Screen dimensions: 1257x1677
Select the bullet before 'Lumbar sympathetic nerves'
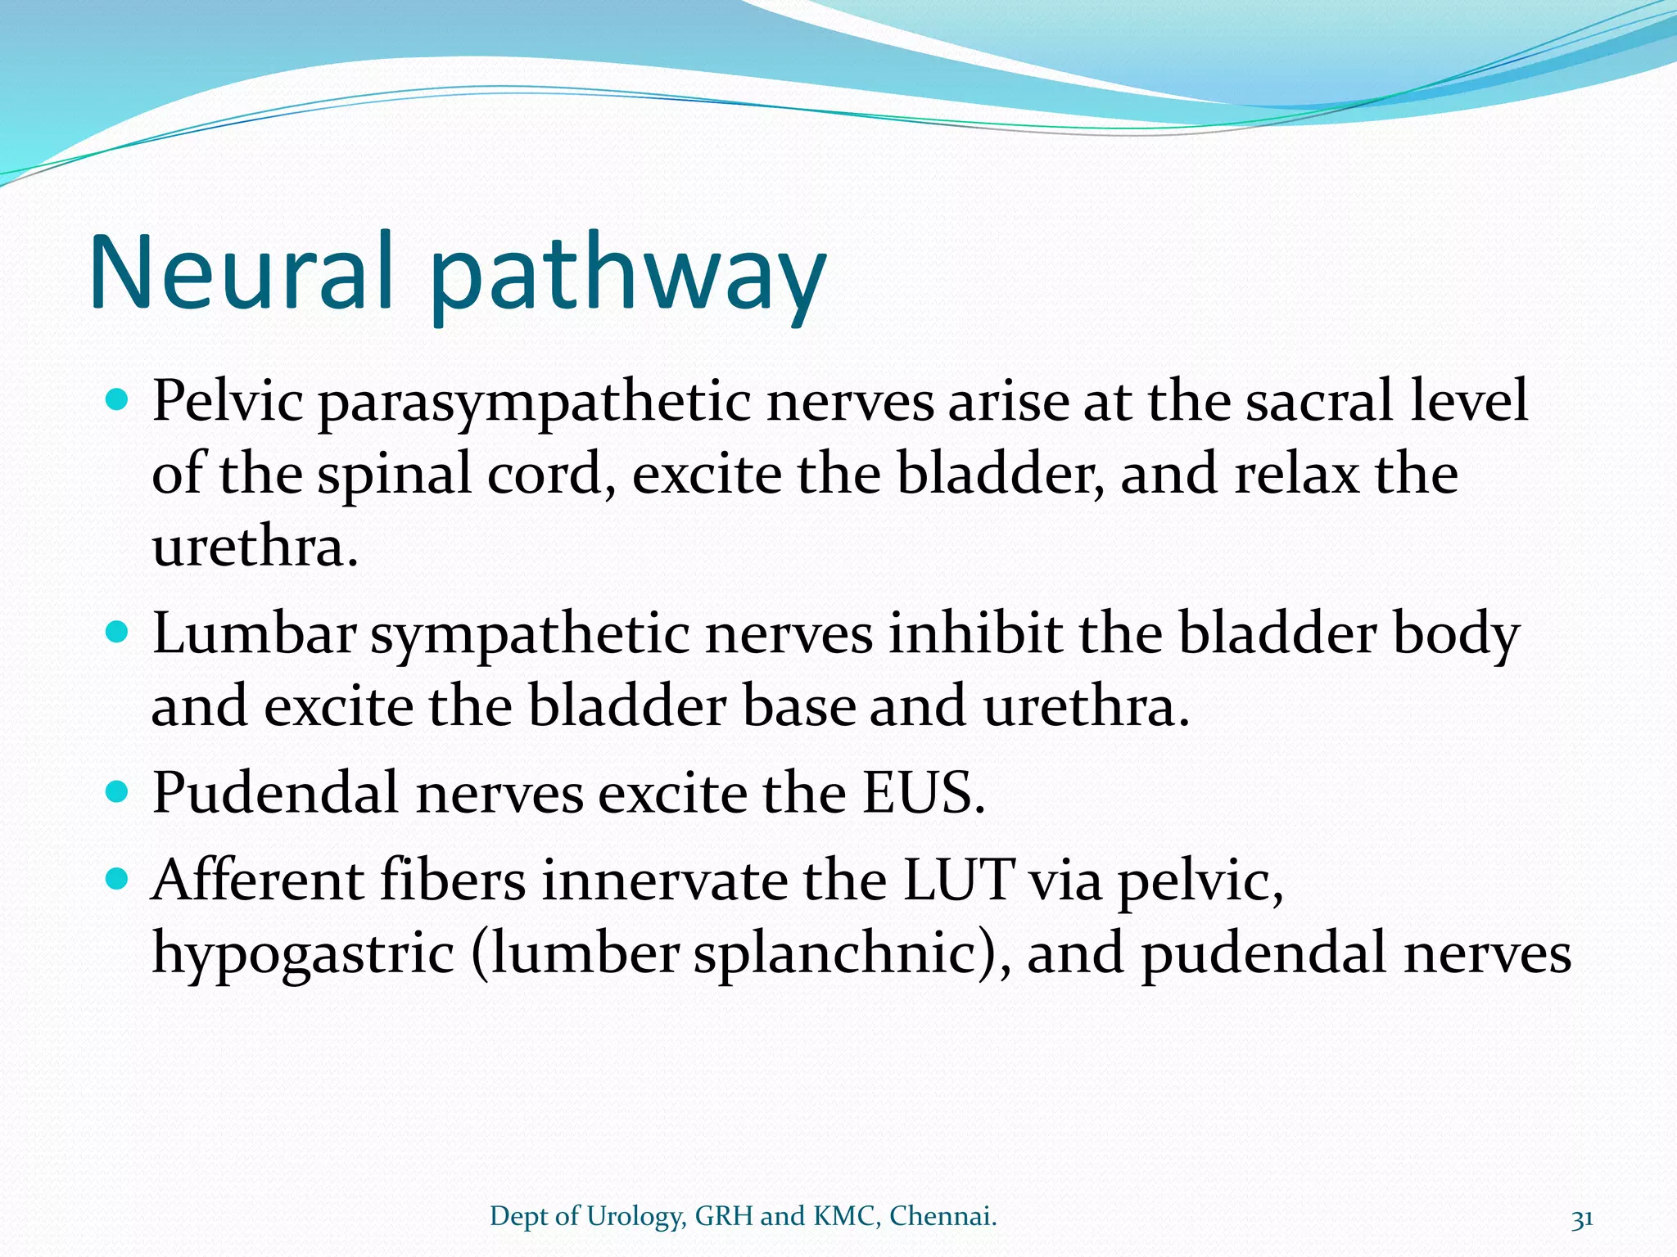pos(118,633)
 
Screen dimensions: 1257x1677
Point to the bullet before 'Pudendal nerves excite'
pos(118,791)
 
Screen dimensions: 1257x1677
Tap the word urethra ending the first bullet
pos(255,547)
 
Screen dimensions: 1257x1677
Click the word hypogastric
pos(303,956)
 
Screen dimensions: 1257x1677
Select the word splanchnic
pos(835,954)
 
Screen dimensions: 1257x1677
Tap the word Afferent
pos(258,881)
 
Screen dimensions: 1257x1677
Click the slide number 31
pos(1582,1219)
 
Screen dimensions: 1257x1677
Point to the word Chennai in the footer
pos(942,1216)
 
